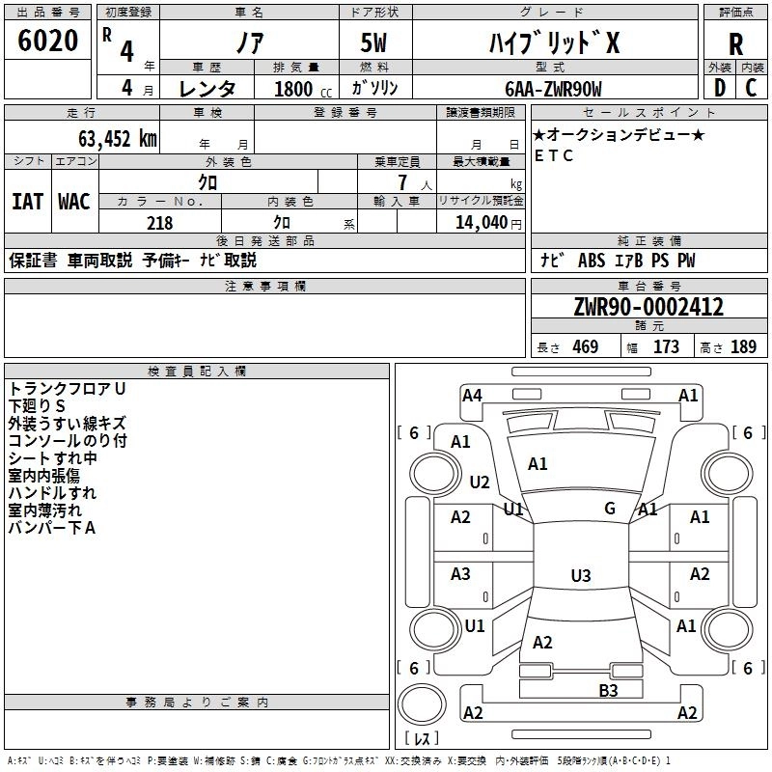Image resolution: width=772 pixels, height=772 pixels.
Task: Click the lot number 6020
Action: click(x=48, y=41)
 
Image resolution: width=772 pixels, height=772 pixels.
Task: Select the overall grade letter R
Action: click(x=735, y=44)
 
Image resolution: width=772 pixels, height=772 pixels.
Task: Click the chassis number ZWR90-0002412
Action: click(x=648, y=308)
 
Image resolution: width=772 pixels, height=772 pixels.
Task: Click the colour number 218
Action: click(x=159, y=223)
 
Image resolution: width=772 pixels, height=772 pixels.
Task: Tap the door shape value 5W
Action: click(x=375, y=44)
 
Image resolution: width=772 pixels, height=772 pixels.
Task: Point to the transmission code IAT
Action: click(x=27, y=202)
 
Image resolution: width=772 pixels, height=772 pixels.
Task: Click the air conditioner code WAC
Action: click(x=74, y=202)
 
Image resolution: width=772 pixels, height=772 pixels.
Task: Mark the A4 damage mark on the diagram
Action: click(x=472, y=395)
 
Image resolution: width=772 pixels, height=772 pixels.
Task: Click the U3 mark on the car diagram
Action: click(x=580, y=576)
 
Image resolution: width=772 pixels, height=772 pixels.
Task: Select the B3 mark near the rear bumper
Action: click(x=608, y=690)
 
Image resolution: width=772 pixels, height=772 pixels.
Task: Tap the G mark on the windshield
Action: click(x=610, y=509)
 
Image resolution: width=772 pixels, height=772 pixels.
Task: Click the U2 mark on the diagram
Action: click(x=480, y=482)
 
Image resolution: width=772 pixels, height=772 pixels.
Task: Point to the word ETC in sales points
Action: click(x=554, y=155)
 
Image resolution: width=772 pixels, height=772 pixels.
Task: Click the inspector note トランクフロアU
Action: click(x=68, y=388)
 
